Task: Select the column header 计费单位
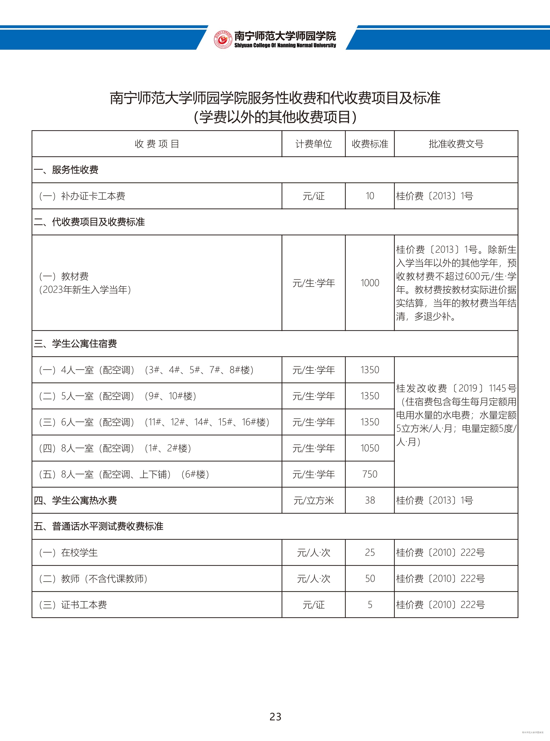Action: (314, 144)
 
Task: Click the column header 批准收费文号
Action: (456, 144)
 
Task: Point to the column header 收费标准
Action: (370, 144)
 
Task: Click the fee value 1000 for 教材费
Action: (370, 283)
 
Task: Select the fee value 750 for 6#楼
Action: (370, 474)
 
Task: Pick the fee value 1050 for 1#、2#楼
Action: (370, 448)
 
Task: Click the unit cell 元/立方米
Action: (314, 500)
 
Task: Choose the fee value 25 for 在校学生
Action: (370, 552)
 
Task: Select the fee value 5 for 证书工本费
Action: (370, 605)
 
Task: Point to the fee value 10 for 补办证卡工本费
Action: (370, 196)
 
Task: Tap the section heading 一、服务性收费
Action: (66, 170)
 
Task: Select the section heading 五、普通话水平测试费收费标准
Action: (99, 526)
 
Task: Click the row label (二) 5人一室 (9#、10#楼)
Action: (118, 396)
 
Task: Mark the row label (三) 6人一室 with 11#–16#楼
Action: (154, 422)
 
